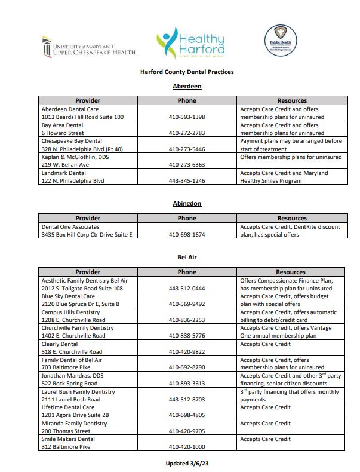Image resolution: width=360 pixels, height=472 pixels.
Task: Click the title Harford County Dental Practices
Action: (187, 72)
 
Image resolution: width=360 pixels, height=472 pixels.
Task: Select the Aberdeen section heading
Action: (187, 87)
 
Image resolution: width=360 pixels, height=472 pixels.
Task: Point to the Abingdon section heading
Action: (187, 204)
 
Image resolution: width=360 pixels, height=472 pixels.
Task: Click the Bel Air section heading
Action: (187, 258)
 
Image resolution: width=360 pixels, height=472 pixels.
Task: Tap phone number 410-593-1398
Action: (187, 117)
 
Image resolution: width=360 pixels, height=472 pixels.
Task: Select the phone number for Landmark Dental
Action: (187, 180)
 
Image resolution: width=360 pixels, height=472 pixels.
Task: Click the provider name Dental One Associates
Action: (70, 227)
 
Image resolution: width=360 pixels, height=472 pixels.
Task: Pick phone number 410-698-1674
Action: (187, 235)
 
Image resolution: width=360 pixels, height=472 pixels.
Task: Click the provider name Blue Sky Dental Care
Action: (68, 296)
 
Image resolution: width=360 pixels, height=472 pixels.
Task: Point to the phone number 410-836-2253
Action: (187, 320)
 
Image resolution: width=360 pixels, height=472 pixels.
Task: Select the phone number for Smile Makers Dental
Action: (187, 447)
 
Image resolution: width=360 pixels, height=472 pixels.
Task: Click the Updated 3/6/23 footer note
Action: (187, 463)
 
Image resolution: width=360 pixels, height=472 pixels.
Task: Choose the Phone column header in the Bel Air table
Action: (187, 272)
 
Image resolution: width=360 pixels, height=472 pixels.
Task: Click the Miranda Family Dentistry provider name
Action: (74, 423)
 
